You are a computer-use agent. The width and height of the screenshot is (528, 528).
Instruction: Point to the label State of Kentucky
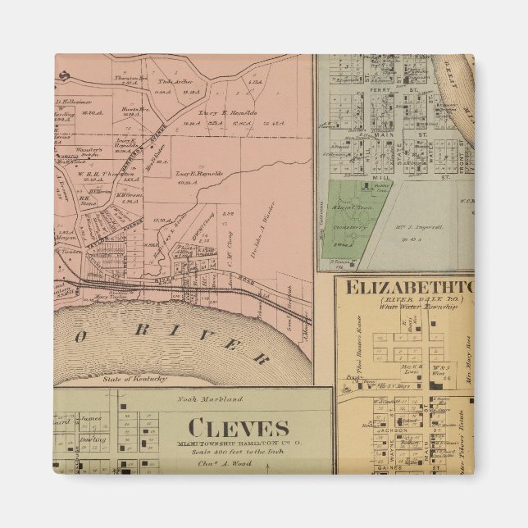(135, 379)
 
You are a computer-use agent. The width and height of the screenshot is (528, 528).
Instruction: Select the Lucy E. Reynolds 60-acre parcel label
(175, 177)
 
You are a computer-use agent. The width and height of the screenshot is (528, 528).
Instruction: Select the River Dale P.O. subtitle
(403, 302)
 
